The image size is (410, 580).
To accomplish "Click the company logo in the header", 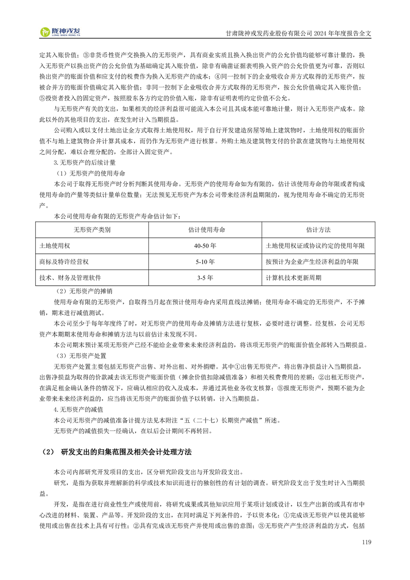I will tap(60, 33).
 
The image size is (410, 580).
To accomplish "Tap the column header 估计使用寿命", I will tap(205, 230).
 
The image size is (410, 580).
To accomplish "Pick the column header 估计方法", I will tap(318, 230).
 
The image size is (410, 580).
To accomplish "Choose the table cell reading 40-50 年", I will tap(205, 246).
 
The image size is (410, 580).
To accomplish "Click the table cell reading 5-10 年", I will tap(205, 262).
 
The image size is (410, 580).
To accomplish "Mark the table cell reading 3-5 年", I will tap(205, 278).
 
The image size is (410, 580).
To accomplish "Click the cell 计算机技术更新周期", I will tap(293, 278).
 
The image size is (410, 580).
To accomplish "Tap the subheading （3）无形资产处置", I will tap(81, 356).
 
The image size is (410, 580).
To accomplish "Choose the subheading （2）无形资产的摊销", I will tap(84, 291).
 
